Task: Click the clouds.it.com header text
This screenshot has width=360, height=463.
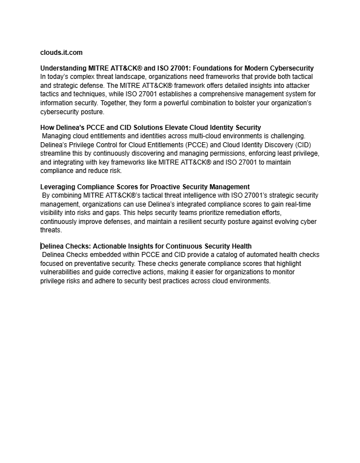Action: click(x=61, y=53)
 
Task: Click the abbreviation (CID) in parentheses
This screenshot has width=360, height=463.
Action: click(x=307, y=145)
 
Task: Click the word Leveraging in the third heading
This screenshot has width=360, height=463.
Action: click(x=59, y=186)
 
